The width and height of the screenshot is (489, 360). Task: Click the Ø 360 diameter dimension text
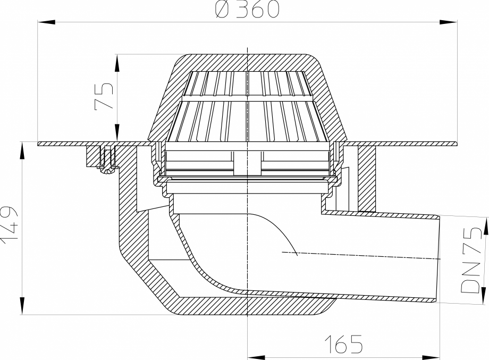pyautogui.click(x=248, y=10)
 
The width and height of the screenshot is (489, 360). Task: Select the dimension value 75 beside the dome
pyautogui.click(x=104, y=96)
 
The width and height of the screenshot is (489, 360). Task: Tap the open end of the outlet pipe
pyautogui.click(x=437, y=259)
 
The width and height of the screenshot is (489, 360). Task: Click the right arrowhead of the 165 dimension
pyautogui.click(x=435, y=355)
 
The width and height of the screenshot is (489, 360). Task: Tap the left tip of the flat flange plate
pyautogui.click(x=40, y=143)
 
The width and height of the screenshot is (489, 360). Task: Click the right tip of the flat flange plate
pyautogui.click(x=456, y=143)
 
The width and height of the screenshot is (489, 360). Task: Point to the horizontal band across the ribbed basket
pyautogui.click(x=248, y=99)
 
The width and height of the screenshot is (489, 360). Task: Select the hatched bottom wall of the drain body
pyautogui.click(x=250, y=304)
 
